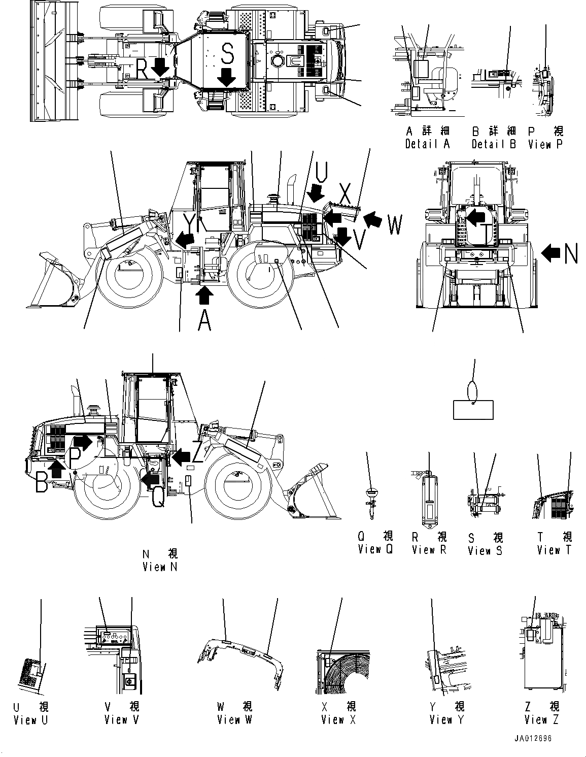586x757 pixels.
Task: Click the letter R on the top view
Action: pos(143,69)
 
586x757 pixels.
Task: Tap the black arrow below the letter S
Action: pos(227,77)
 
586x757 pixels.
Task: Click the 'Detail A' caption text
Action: pos(427,144)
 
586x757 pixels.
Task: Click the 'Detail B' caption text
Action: pos(493,144)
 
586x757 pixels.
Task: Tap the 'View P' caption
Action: pos(545,144)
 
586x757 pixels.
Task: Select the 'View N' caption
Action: pos(160,567)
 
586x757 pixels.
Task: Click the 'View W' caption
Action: pos(234,719)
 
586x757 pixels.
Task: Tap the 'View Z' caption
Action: pos(542,719)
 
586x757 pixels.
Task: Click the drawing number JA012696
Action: pos(531,739)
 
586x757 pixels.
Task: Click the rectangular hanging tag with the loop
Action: pos(473,409)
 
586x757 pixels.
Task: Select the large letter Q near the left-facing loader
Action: pos(158,497)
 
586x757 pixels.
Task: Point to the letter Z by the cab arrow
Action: pos(197,453)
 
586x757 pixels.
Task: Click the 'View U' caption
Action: pos(30,719)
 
